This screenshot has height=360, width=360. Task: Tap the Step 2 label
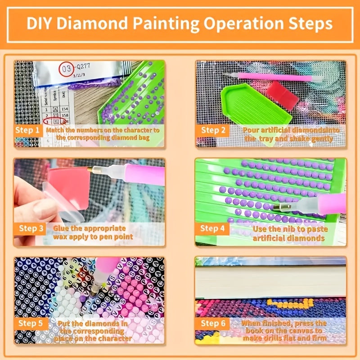(212, 130)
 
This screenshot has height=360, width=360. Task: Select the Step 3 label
(31, 228)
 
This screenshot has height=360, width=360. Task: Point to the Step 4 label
(212, 228)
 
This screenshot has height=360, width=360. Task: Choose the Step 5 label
(31, 323)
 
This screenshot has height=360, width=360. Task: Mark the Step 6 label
(212, 323)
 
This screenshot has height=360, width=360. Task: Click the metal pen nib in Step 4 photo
(283, 207)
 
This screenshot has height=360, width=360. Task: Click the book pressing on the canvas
(270, 281)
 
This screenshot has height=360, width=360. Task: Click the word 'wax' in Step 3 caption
(62, 237)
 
